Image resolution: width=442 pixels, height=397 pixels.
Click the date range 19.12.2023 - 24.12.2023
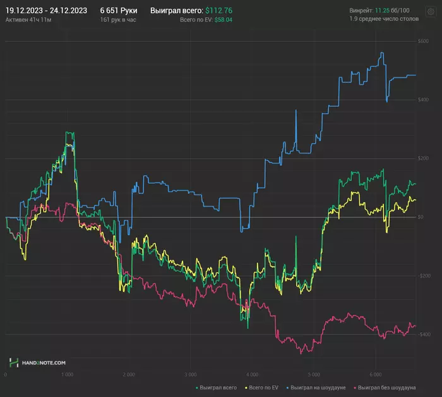47,11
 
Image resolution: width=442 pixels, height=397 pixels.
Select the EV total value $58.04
224,20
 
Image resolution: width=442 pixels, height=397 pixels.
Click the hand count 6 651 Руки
119,11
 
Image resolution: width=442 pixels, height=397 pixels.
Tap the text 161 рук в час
118,20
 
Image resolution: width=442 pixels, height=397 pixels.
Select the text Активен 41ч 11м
28,20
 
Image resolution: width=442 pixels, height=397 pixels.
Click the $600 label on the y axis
423,41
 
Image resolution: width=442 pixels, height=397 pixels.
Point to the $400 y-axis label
423,100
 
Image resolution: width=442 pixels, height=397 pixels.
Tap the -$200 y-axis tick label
423,276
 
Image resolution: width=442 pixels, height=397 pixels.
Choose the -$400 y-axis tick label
423,334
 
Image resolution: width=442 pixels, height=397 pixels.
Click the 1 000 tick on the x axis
66,374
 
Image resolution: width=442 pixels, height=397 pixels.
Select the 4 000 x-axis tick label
252,374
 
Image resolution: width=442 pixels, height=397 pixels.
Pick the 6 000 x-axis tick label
376,374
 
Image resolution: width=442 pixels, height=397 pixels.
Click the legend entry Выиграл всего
218,386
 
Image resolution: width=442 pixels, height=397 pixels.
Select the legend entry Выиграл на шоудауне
317,386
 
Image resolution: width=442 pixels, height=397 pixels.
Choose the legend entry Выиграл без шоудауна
388,386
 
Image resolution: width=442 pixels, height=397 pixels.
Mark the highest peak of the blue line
382,52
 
